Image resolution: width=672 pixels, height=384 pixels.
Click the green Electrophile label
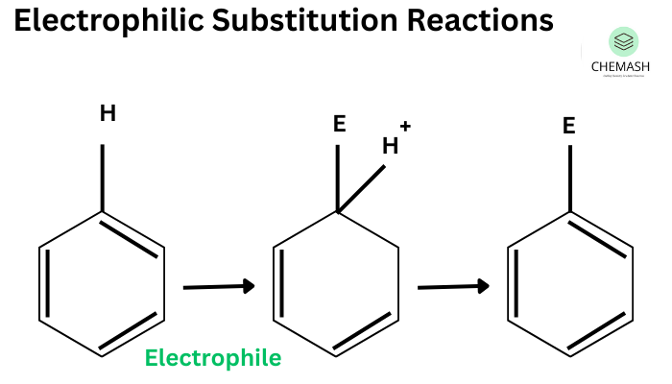pyautogui.click(x=213, y=359)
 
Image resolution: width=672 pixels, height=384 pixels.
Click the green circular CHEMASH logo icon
pyautogui.click(x=624, y=41)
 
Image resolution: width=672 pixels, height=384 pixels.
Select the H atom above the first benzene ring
pyautogui.click(x=108, y=114)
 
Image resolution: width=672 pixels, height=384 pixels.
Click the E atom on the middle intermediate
pyautogui.click(x=337, y=125)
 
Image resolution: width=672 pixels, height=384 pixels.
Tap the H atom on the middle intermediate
pyautogui.click(x=390, y=146)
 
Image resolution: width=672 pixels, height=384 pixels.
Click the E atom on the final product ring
pyautogui.click(x=569, y=126)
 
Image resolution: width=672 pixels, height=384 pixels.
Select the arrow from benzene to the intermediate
pyautogui.click(x=218, y=286)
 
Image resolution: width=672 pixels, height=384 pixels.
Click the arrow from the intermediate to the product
pyautogui.click(x=453, y=286)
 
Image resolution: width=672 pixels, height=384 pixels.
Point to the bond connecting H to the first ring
pyautogui.click(x=104, y=178)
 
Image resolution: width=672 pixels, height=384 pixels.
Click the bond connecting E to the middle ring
pyautogui.click(x=337, y=178)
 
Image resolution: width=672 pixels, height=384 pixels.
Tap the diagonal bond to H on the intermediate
pyautogui.click(x=361, y=188)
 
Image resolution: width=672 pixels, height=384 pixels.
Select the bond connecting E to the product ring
pyautogui.click(x=570, y=178)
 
